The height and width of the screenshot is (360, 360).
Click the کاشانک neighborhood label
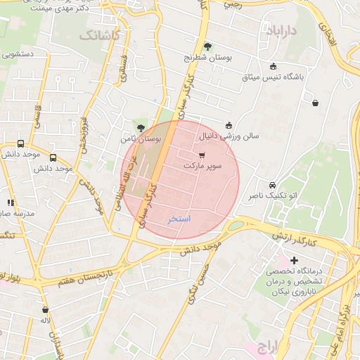[x=100, y=34]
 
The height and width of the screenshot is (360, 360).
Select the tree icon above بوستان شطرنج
[x=207, y=46]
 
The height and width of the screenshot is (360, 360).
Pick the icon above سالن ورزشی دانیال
[x=229, y=125]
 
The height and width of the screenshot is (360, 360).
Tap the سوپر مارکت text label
[x=202, y=165]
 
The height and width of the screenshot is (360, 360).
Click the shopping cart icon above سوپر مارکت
[x=202, y=155]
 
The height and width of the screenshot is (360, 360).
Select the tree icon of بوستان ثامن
[x=141, y=128]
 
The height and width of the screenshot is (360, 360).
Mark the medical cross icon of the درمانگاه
[x=294, y=260]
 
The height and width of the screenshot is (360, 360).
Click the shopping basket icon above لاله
[x=46, y=309]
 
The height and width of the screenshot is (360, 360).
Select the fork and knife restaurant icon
[x=11, y=202]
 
